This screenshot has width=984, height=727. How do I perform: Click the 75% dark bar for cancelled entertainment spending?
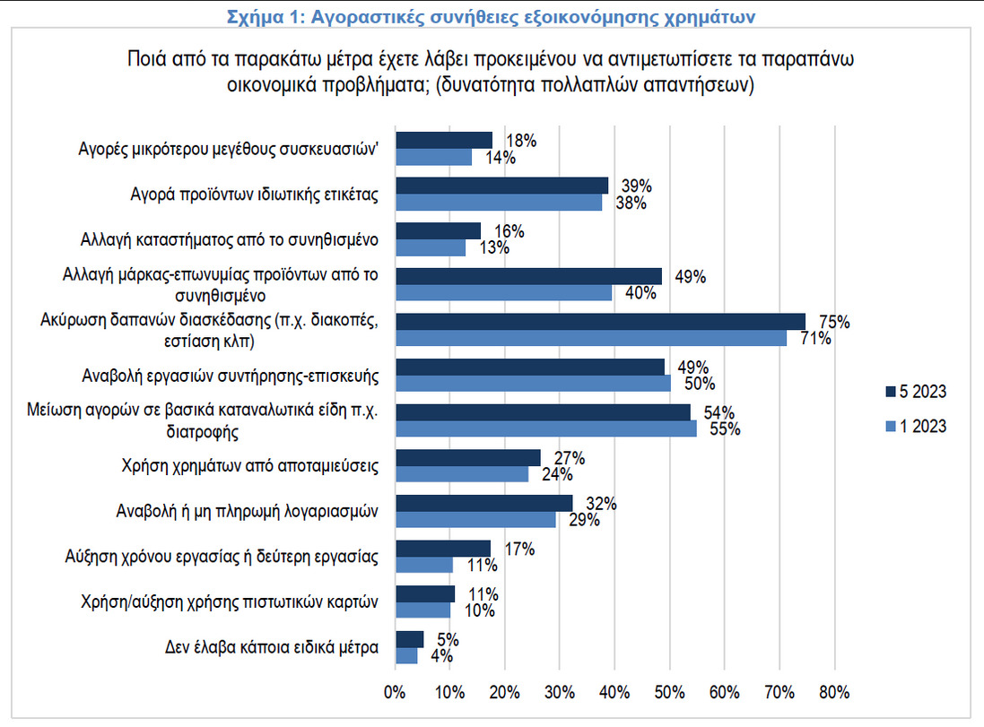(x=600, y=321)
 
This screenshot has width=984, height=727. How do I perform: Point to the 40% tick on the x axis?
(x=614, y=692)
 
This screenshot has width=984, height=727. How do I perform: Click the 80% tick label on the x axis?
(x=834, y=692)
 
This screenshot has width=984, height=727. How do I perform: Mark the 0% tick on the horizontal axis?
(x=396, y=692)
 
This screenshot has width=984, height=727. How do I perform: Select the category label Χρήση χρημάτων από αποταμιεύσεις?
(x=250, y=465)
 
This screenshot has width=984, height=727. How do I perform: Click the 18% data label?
(x=521, y=141)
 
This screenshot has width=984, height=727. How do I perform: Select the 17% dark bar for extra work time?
(x=443, y=548)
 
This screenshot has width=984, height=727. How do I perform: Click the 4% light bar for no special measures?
(x=406, y=655)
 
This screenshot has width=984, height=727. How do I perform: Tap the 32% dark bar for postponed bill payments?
(x=483, y=503)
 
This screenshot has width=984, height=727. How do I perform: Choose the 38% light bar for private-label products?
(x=499, y=203)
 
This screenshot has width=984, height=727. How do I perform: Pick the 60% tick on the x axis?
(x=724, y=692)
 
